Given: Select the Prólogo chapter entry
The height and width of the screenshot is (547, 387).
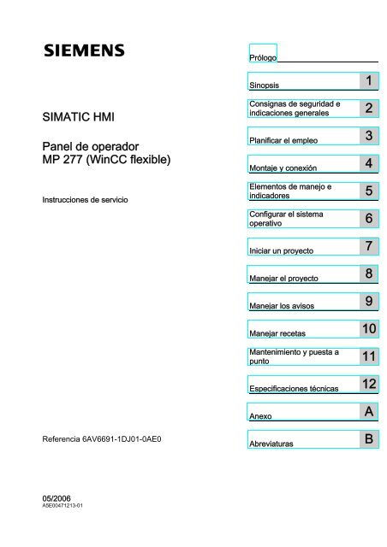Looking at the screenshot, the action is pyautogui.click(x=263, y=57).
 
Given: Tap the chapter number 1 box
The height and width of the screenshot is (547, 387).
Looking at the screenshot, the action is pyautogui.click(x=367, y=82).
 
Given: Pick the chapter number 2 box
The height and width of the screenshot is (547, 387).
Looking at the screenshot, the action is pyautogui.click(x=367, y=109).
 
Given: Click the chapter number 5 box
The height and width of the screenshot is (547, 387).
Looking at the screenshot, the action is pyautogui.click(x=367, y=192).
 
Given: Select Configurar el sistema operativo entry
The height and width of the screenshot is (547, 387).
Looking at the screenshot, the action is pyautogui.click(x=283, y=218).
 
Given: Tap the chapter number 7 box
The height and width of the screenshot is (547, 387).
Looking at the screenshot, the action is pyautogui.click(x=367, y=247).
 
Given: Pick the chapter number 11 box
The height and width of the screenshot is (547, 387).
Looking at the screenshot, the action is pyautogui.click(x=367, y=356).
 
